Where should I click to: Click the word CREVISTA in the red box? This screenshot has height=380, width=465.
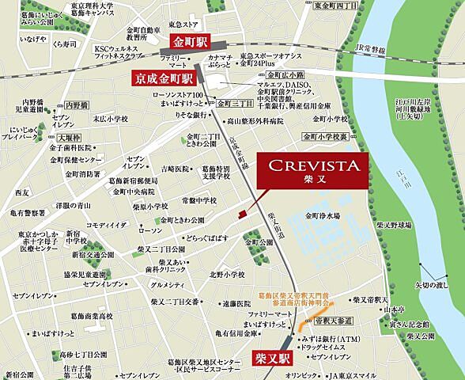tap(315, 165)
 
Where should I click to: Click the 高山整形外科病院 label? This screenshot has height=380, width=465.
tap(257, 122)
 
